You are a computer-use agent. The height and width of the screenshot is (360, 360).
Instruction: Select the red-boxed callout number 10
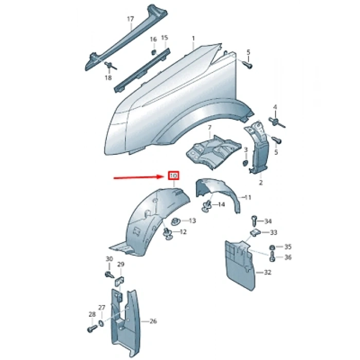[x=174, y=176]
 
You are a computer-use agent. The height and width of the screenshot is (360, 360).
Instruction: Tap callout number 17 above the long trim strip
[x=131, y=19]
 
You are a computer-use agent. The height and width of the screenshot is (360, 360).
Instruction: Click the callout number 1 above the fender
[x=193, y=38]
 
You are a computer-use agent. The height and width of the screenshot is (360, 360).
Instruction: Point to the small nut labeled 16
[x=154, y=52]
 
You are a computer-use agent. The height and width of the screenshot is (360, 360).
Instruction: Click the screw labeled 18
[x=111, y=66]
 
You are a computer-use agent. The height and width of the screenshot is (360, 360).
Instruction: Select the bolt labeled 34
[x=254, y=221]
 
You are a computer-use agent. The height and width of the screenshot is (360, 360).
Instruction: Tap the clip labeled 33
[x=255, y=233]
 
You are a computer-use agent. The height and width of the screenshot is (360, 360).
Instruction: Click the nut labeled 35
[x=272, y=247]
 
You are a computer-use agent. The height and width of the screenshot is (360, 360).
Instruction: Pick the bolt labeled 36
[x=272, y=257]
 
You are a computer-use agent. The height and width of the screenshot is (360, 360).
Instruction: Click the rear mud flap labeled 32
[x=240, y=264]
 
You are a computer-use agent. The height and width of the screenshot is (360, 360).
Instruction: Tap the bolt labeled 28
[x=93, y=329]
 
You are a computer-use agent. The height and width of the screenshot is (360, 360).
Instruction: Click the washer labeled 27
[x=101, y=323]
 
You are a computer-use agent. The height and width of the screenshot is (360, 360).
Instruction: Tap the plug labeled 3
[x=245, y=164]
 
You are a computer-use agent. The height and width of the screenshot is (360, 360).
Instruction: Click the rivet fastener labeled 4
[x=277, y=122]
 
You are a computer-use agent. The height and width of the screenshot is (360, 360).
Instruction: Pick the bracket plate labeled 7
[x=213, y=151]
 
